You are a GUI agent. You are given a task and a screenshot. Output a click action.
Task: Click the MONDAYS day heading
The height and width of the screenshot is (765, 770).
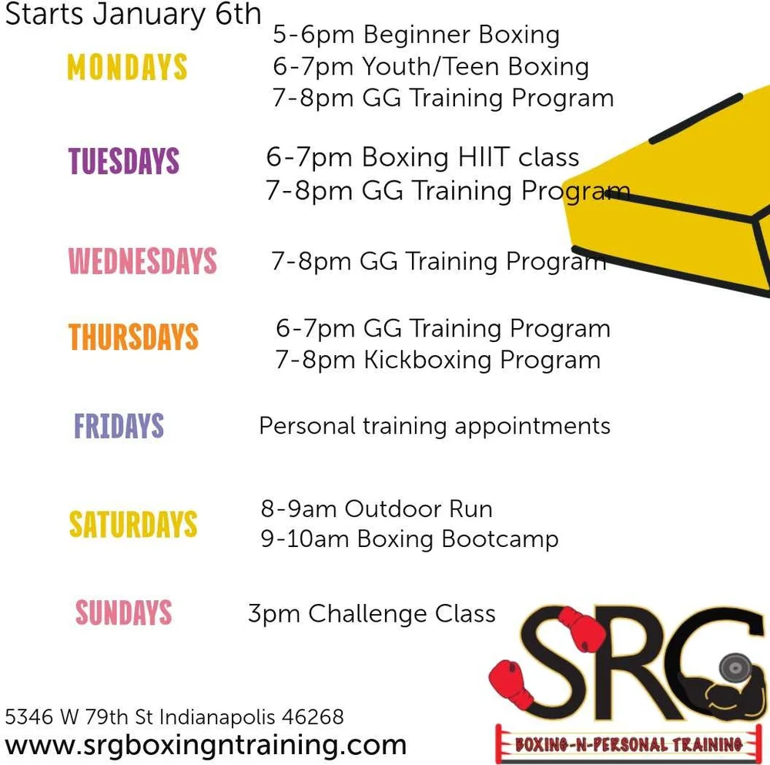[127, 67]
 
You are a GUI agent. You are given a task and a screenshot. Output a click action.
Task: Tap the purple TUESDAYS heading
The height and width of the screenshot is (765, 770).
[124, 161]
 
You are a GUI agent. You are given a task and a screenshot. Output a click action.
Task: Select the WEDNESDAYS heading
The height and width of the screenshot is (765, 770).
[142, 260]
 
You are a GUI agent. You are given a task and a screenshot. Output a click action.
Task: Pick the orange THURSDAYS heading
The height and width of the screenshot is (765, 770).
[133, 337]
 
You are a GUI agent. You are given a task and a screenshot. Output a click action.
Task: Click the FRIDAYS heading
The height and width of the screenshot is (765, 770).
[119, 425]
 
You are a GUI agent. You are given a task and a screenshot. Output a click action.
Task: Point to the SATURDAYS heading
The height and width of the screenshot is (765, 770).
[133, 524]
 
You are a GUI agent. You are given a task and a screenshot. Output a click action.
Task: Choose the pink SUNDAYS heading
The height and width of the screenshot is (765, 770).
[124, 612]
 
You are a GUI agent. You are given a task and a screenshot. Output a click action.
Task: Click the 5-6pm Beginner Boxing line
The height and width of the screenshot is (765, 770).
[416, 35]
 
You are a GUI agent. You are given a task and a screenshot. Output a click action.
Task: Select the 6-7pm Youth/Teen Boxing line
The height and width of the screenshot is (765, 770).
[430, 67]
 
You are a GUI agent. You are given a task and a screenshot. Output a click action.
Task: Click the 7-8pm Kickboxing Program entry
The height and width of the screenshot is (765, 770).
[437, 360]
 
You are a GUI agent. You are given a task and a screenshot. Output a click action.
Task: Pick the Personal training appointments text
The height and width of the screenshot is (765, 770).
[434, 427]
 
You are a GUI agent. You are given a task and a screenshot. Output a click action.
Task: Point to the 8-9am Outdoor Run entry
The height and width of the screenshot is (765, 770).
[377, 508]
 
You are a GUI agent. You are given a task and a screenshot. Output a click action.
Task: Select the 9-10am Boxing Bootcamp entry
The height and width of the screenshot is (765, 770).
[410, 539]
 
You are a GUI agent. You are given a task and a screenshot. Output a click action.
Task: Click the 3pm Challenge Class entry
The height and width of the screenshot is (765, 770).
[372, 614]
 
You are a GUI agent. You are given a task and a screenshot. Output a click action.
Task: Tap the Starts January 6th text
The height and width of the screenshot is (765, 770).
[133, 14]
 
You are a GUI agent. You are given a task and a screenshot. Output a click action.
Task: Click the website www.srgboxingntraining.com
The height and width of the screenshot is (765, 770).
[206, 746]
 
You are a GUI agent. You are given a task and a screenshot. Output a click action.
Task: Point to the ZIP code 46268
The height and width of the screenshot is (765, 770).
[313, 716]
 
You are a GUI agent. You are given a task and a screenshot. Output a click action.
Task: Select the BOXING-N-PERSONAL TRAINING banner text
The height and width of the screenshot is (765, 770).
[628, 743]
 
